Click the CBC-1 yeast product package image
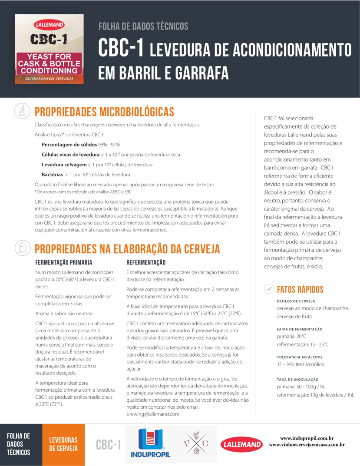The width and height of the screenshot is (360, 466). click(x=49, y=49)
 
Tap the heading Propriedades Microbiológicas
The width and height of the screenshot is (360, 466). click(x=104, y=112)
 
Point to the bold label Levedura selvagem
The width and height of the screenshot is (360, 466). click(x=64, y=165)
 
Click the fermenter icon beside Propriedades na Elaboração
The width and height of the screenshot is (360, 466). click(x=20, y=248)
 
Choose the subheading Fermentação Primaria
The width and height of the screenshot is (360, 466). click(x=63, y=262)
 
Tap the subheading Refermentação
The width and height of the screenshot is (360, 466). click(x=146, y=262)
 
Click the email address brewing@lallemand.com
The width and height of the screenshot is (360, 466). click(x=153, y=414)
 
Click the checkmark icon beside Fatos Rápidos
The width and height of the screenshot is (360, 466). click(x=269, y=289)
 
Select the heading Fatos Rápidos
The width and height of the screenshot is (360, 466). click(x=300, y=289)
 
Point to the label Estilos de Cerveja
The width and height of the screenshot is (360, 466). click(x=296, y=301)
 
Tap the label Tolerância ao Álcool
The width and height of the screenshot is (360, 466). click(x=300, y=357)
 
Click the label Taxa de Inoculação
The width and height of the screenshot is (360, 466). click(x=297, y=380)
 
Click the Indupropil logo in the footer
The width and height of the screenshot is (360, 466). click(x=150, y=444)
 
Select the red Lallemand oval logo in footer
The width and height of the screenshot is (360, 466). click(x=242, y=443)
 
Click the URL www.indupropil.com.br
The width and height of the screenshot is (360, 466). click(x=307, y=438)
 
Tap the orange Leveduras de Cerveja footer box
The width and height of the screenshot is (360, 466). click(x=63, y=444)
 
